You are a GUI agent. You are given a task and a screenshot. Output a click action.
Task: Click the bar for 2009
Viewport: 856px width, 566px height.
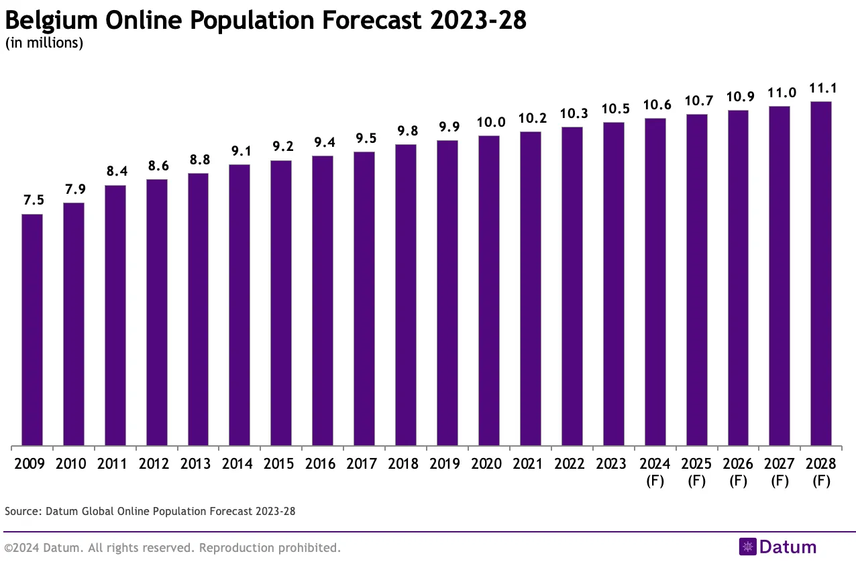(32, 330)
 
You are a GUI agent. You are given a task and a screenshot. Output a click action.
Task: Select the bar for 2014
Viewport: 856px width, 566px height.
(239, 305)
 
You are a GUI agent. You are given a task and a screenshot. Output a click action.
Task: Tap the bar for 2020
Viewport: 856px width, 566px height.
(489, 290)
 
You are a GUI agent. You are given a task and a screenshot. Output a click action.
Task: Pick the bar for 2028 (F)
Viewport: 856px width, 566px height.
(821, 274)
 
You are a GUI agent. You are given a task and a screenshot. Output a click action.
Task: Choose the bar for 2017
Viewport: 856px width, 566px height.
(364, 298)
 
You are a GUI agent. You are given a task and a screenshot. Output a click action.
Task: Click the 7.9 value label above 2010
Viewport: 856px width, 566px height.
(74, 190)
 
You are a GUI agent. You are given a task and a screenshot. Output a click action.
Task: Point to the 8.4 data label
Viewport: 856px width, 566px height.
(115, 172)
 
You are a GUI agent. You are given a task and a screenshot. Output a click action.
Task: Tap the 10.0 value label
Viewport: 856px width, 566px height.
(489, 123)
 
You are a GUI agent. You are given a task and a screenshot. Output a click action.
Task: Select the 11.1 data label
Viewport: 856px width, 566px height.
(821, 89)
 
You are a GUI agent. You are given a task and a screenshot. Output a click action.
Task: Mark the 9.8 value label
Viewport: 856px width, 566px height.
(406, 131)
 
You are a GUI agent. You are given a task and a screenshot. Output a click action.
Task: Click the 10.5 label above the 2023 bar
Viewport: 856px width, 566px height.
(613, 109)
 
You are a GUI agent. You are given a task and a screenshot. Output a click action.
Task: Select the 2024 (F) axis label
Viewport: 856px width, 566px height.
(655, 472)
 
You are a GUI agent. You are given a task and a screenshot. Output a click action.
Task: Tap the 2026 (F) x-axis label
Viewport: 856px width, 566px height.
(738, 472)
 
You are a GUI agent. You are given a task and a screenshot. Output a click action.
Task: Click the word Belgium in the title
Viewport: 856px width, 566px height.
(52, 21)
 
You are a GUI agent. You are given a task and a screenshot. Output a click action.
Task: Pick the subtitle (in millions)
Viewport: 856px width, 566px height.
(44, 44)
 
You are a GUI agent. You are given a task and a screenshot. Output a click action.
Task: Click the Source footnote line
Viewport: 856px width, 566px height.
(150, 511)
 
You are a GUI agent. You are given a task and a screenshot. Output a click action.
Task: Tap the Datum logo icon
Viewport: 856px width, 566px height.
(747, 547)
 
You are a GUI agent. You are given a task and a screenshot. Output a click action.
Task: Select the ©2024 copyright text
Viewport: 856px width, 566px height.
(172, 548)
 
